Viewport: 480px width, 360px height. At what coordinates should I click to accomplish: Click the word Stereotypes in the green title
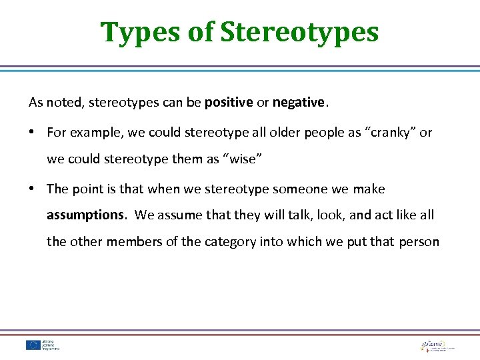299,32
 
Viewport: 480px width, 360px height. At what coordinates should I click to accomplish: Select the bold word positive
229,103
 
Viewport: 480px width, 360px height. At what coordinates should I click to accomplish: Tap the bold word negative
298,103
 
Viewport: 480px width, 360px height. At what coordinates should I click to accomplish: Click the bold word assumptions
85,215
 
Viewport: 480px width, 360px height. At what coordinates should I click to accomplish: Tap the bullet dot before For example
33,132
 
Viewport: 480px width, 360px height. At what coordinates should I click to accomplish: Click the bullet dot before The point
33,189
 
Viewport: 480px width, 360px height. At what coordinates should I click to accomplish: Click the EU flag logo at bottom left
33,344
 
